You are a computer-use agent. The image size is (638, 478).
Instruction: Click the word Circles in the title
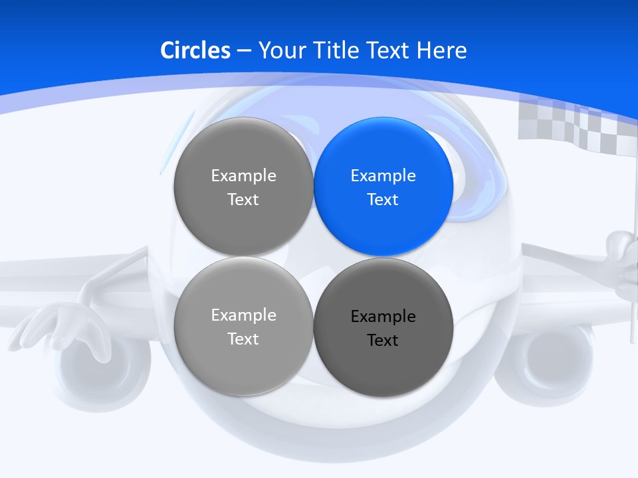(x=195, y=50)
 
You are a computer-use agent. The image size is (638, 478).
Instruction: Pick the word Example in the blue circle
(x=383, y=176)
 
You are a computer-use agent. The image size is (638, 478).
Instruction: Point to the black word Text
(x=383, y=341)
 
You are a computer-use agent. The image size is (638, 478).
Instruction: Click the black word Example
(x=383, y=317)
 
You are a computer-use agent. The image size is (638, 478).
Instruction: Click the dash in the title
(x=244, y=50)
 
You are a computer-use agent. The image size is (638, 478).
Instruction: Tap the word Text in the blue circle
(x=383, y=200)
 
